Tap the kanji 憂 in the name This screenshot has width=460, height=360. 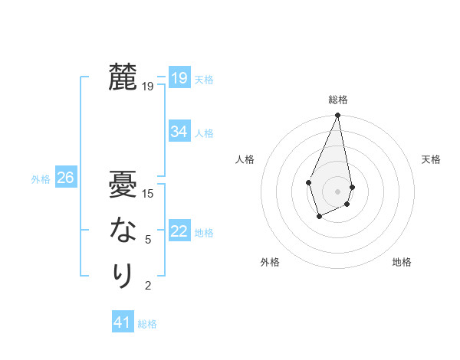[x=123, y=185]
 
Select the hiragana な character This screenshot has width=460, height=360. [x=123, y=230]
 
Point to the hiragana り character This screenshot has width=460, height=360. [x=123, y=275]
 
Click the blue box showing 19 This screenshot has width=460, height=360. [x=179, y=78]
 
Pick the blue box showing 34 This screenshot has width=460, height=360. [x=179, y=132]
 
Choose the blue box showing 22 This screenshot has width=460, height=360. [x=179, y=231]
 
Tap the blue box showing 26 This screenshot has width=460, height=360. [x=65, y=178]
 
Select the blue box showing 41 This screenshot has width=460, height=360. [x=123, y=322]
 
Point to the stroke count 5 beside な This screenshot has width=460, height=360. [x=148, y=240]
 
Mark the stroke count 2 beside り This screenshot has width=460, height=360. [x=148, y=286]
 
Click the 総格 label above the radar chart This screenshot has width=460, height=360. [x=337, y=100]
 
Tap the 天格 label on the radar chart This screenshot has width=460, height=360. [x=431, y=159]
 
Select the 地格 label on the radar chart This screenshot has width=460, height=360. [x=402, y=262]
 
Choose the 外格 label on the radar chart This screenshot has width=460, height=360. [x=270, y=262]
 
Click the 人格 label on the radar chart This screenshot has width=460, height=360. [x=245, y=159]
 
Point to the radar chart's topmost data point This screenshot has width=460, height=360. [x=337, y=116]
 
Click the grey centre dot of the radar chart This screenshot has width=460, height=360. [x=337, y=191]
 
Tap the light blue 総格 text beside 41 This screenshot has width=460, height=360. [x=147, y=324]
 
